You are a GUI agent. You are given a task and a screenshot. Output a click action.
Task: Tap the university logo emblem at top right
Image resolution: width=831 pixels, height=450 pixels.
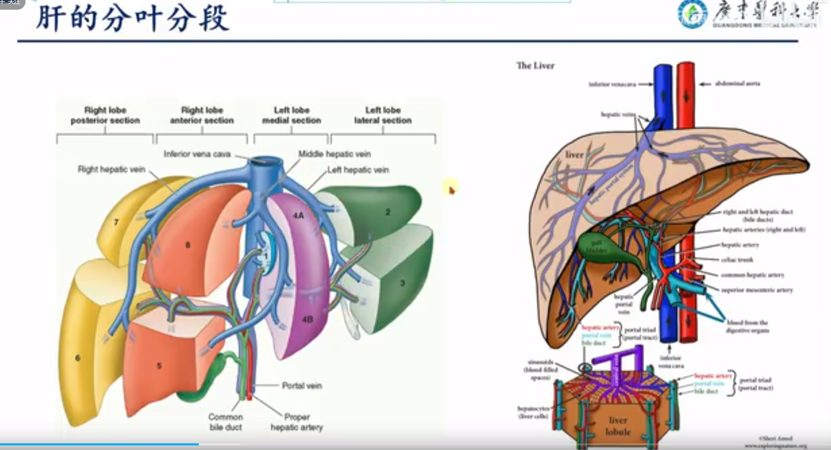click(x=692, y=14)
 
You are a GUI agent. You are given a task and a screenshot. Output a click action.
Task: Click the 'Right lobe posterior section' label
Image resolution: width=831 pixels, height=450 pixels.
click(x=105, y=115)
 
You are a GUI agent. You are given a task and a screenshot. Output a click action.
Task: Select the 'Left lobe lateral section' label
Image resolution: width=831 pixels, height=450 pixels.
click(x=383, y=115)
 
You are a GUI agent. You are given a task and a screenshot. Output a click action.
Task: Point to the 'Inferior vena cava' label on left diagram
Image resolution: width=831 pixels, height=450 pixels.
click(x=197, y=154)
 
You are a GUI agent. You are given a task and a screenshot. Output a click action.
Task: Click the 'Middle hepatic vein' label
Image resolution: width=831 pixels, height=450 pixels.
click(x=334, y=154)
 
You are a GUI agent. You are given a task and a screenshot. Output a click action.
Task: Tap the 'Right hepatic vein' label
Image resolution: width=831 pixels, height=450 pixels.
click(x=111, y=169)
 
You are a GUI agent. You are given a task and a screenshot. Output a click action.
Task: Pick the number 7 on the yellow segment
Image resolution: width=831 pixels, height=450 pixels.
click(x=116, y=222)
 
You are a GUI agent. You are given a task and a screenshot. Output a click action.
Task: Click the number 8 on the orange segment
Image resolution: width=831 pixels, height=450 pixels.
click(x=188, y=245)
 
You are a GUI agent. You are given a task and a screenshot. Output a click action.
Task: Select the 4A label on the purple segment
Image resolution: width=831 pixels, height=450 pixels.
click(x=298, y=216)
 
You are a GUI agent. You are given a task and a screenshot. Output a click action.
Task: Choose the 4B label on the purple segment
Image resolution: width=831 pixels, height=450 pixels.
click(x=307, y=319)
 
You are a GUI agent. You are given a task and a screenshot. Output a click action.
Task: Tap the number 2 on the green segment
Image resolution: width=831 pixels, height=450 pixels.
click(x=388, y=212)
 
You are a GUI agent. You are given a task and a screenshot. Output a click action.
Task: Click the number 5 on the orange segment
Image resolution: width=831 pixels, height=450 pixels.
click(x=159, y=366)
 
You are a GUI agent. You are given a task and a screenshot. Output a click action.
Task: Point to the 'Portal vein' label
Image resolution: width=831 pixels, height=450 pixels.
click(x=301, y=386)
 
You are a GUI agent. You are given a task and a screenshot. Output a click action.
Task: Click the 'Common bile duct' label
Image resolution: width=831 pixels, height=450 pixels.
click(x=225, y=422)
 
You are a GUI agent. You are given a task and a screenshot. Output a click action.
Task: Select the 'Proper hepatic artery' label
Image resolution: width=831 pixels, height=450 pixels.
click(x=297, y=422)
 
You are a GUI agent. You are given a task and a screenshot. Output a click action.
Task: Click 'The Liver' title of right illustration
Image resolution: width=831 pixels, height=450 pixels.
click(x=535, y=65)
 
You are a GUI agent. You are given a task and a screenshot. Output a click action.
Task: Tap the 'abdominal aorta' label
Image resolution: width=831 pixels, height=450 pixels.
click(x=737, y=83)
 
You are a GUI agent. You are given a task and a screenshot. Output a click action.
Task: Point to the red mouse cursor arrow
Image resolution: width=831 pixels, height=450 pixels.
click(x=451, y=190)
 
